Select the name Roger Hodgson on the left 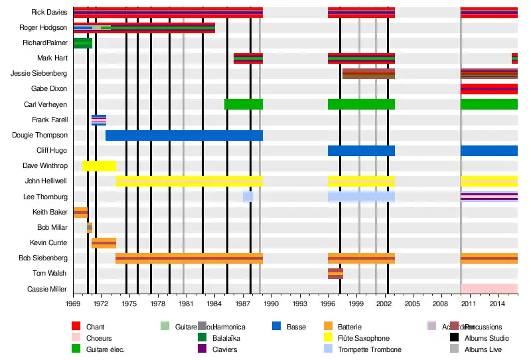43,28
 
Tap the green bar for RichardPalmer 83,43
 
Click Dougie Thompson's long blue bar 184,135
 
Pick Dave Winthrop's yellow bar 99,166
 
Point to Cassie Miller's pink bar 489,289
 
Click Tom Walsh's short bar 335,274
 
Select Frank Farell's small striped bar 99,120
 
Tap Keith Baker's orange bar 80,213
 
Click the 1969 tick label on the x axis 73,304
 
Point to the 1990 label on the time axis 271,304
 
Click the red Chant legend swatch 76,327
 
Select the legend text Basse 296,327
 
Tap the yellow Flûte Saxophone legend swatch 327,338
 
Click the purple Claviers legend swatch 202,349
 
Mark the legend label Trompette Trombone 369,349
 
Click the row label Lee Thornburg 45,197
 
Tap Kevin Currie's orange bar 104,243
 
